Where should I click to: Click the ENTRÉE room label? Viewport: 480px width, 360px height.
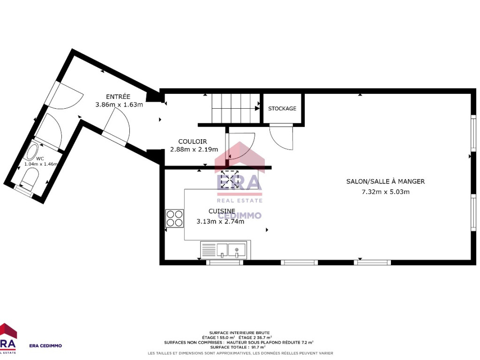click(118, 97)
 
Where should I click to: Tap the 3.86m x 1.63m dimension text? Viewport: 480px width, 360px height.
click(119, 105)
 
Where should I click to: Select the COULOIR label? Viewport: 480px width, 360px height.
click(193, 142)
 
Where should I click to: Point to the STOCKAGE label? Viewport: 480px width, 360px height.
click(282, 108)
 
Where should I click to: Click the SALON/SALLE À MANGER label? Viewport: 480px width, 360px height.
click(385, 181)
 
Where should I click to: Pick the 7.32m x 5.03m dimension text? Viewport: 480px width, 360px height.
click(385, 192)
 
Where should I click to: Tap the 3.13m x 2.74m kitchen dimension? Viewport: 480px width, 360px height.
click(220, 221)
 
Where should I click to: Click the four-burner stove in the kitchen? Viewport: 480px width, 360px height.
click(174, 218)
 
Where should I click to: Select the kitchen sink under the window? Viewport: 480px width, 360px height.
click(225, 250)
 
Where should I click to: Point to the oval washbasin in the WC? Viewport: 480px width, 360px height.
click(31, 152)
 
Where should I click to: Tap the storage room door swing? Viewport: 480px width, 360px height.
click(281, 138)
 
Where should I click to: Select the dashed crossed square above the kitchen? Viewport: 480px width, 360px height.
click(230, 179)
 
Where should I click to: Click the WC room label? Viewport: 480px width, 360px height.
click(40, 158)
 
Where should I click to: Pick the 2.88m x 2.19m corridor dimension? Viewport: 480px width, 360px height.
click(194, 150)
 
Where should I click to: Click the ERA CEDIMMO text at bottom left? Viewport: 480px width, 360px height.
click(45, 345)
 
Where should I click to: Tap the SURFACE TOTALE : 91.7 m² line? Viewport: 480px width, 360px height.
click(238, 347)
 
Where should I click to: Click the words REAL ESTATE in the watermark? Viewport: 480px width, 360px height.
click(240, 201)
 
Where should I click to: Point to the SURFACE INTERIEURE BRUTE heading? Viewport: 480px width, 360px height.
click(240, 333)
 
